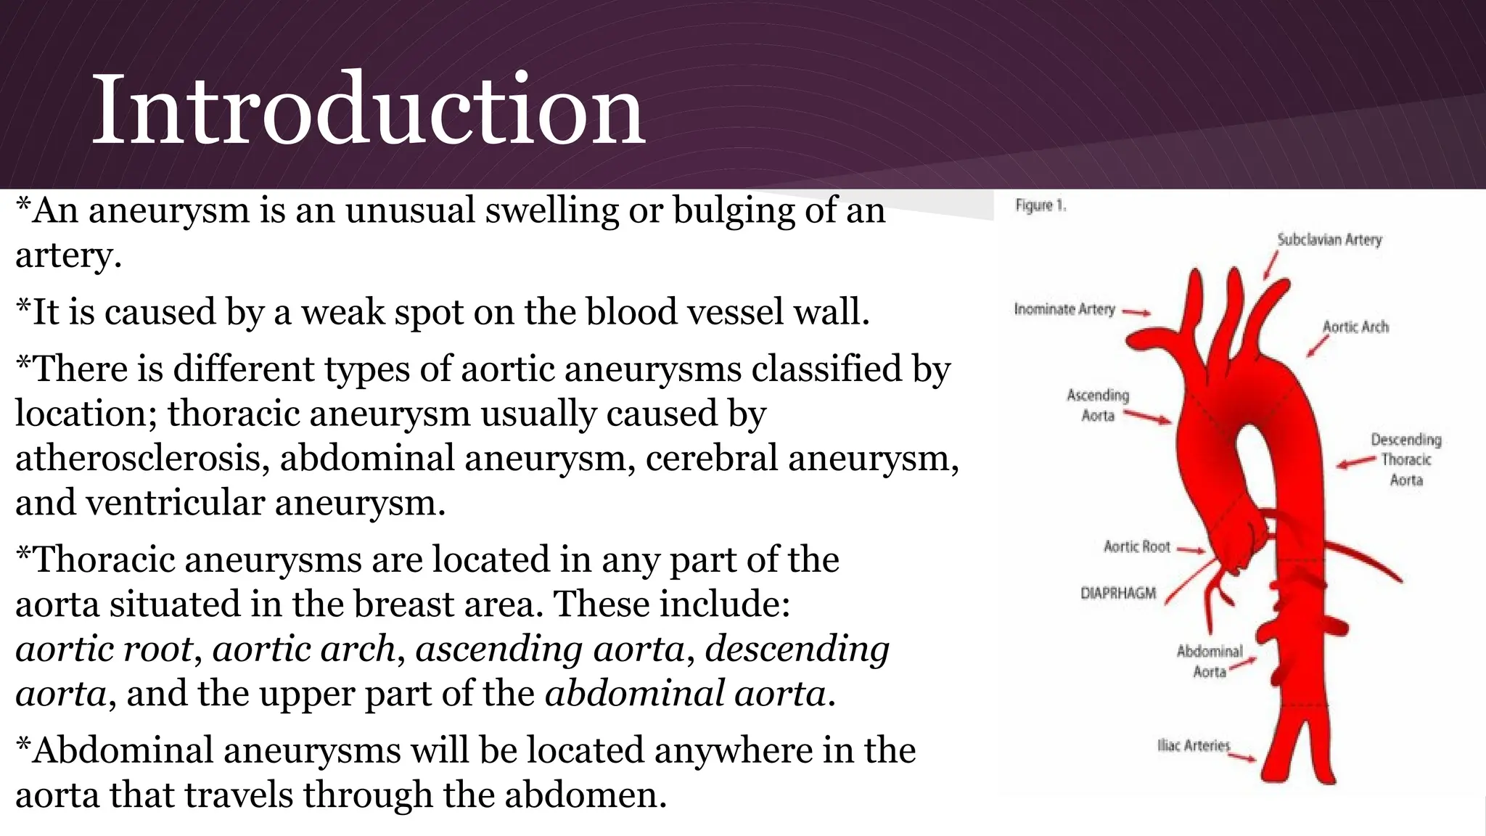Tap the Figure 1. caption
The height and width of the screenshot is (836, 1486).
(x=1040, y=205)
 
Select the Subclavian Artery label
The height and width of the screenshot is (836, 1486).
(x=1329, y=239)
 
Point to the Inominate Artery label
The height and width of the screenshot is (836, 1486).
(x=1064, y=309)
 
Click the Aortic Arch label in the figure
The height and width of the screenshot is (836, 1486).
(x=1355, y=327)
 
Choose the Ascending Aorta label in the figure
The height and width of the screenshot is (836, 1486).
(x=1098, y=405)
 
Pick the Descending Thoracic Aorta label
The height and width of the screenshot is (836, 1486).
(x=1406, y=459)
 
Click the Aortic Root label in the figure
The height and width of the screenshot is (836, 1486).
(x=1136, y=546)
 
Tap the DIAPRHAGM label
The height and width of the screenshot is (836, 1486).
(x=1118, y=593)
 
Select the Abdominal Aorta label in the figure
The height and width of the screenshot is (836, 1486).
(x=1210, y=661)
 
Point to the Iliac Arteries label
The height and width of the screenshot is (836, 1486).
(x=1194, y=745)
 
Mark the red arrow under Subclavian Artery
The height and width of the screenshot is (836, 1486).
(x=1271, y=266)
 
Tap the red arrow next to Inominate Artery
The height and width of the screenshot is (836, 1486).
(x=1137, y=313)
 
